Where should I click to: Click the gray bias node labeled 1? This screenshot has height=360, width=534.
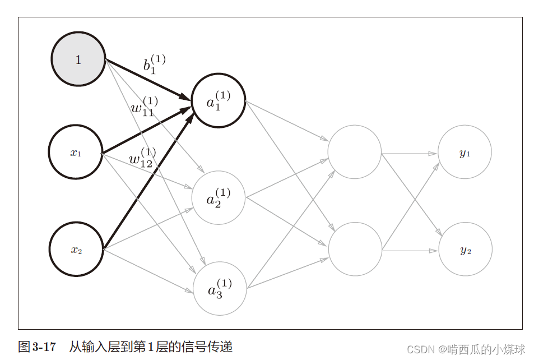(x=78, y=59)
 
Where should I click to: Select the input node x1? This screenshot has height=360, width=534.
(x=75, y=152)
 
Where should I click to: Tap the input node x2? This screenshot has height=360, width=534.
(x=76, y=250)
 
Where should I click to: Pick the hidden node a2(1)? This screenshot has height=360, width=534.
(x=219, y=197)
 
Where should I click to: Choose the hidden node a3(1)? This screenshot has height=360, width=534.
(x=220, y=288)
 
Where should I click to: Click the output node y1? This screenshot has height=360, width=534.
(x=465, y=152)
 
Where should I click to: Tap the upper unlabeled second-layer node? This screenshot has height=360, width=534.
(x=355, y=152)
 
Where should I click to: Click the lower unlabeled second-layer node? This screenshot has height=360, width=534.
(x=355, y=250)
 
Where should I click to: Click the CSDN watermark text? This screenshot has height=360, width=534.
(x=466, y=349)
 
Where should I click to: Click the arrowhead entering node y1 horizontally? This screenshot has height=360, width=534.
(x=434, y=153)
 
